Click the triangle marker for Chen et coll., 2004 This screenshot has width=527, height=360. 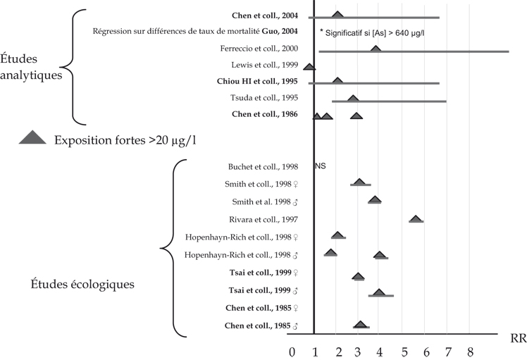(x=337, y=15)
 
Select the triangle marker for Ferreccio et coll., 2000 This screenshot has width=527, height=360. (x=376, y=49)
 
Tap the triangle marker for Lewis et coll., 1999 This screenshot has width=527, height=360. (x=309, y=66)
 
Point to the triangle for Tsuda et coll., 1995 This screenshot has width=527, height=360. (x=353, y=98)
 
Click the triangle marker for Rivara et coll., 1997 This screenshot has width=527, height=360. (x=416, y=219)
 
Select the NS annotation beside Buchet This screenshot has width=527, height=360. (x=321, y=166)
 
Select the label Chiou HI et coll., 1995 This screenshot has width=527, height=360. (x=259, y=81)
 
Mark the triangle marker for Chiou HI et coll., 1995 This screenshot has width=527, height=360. (x=337, y=82)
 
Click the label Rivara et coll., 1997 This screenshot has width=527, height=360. (x=266, y=219)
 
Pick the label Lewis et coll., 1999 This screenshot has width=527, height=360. (x=270, y=65)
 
